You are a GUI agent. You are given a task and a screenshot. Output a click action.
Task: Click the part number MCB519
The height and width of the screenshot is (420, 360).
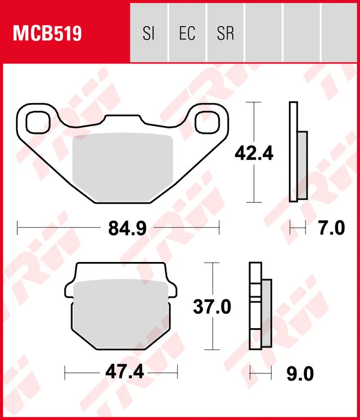pos(47,34)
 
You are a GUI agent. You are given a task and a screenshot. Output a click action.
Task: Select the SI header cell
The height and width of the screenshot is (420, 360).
pos(149,34)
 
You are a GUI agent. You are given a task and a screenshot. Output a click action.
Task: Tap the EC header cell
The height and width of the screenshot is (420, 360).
pos(187,34)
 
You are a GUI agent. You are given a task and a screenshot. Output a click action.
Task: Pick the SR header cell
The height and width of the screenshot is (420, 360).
pos(225,34)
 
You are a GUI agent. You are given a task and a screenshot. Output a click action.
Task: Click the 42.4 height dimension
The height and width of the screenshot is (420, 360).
pos(254,154)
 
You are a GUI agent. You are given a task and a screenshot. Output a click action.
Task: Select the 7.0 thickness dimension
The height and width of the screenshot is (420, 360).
pos(332,228)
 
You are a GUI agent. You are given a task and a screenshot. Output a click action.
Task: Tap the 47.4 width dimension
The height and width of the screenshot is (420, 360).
pos(124,373)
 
